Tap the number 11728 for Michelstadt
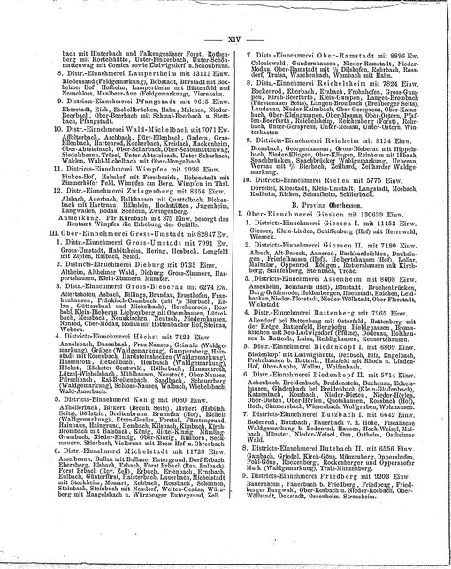187,499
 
